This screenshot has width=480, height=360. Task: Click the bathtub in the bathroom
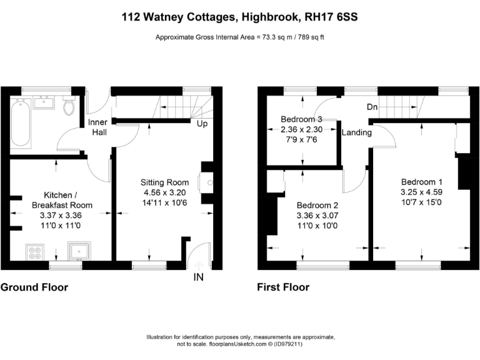tap(17, 124)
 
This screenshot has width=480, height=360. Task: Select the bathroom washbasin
tap(44, 102)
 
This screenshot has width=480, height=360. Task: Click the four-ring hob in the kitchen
tap(34, 252)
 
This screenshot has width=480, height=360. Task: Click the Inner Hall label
tap(97, 127)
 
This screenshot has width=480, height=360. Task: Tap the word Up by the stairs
tap(202, 124)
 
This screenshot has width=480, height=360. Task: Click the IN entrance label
tap(199, 277)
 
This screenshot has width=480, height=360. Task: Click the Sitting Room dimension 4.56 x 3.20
tap(162, 193)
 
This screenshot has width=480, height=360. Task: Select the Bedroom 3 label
tap(301, 119)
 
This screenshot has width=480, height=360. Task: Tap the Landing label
tap(357, 132)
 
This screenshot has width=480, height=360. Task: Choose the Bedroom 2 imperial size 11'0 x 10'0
tap(317, 226)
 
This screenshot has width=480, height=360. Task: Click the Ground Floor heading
tap(34, 287)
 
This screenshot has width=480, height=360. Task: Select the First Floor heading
tap(283, 287)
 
